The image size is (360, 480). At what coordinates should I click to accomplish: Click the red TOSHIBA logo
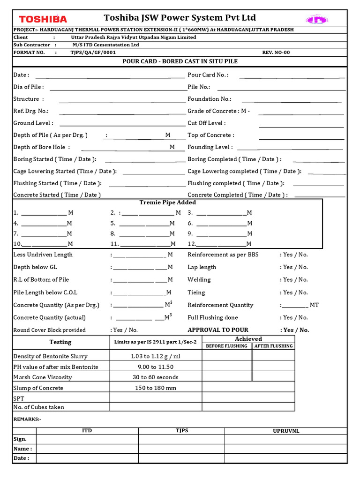(x=43, y=19)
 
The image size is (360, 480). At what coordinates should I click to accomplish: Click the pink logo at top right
(x=317, y=19)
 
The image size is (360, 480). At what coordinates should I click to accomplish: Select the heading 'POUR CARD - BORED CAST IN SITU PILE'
(x=180, y=61)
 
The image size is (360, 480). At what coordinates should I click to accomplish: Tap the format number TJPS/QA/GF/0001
(x=93, y=52)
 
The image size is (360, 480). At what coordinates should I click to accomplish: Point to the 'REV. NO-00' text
(x=276, y=52)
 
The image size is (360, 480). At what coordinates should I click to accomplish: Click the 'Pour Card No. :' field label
(x=208, y=75)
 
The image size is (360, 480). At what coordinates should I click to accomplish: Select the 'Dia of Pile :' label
(x=29, y=87)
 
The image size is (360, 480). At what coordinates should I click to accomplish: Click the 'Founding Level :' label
(x=210, y=147)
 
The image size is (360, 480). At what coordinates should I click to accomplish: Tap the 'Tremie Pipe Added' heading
(x=168, y=202)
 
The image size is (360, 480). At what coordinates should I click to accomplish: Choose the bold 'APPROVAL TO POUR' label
(x=218, y=330)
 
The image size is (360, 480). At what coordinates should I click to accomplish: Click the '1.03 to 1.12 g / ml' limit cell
(x=155, y=356)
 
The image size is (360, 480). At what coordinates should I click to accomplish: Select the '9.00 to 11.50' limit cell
(x=155, y=367)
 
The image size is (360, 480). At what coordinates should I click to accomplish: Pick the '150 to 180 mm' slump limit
(x=155, y=388)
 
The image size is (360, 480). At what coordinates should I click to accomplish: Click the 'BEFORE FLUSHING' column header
(x=226, y=346)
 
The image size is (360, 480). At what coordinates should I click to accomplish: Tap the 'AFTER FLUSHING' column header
(x=273, y=346)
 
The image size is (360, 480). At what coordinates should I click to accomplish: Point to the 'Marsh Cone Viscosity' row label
(x=43, y=377)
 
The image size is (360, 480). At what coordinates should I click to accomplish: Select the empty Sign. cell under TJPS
(x=181, y=439)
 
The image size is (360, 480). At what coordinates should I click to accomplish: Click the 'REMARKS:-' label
(x=27, y=419)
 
